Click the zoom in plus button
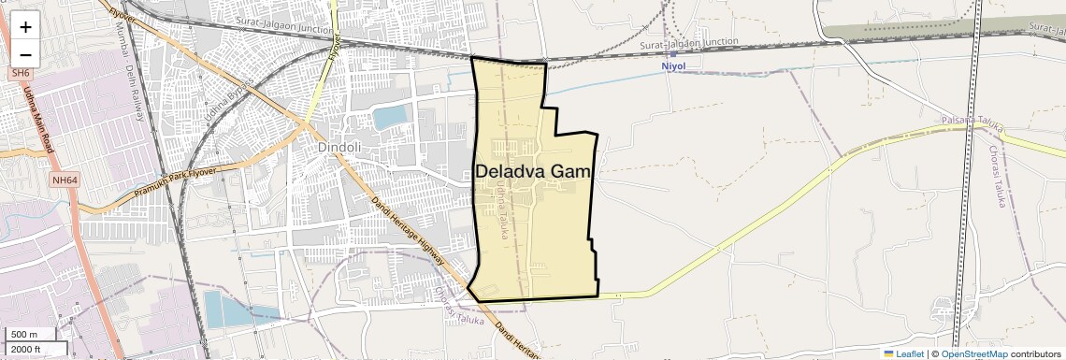pyautogui.click(x=25, y=26)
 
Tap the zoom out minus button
pyautogui.click(x=25, y=54)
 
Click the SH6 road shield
pyautogui.click(x=21, y=73)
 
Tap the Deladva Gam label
pyautogui.click(x=534, y=172)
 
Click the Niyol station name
pyautogui.click(x=673, y=66)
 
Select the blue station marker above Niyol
pyautogui.click(x=673, y=54)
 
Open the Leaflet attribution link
pyautogui.click(x=903, y=353)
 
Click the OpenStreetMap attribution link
pyautogui.click(x=973, y=353)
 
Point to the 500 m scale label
pyautogui.click(x=23, y=335)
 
